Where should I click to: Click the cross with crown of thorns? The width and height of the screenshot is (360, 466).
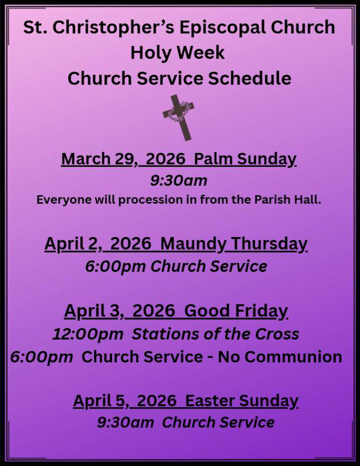(x=178, y=118)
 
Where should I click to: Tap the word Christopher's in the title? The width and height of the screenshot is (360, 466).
(x=113, y=28)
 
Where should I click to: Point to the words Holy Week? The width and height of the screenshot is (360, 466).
(x=177, y=53)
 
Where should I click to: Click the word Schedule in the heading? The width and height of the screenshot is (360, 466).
(x=249, y=79)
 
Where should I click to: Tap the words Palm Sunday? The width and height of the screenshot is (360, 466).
(x=245, y=159)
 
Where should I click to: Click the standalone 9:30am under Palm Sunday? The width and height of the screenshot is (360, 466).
(x=178, y=181)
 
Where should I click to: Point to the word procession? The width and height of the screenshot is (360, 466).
(x=151, y=200)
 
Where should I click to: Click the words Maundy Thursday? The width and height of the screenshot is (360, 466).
(x=233, y=244)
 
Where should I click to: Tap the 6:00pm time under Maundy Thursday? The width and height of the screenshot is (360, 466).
(x=115, y=266)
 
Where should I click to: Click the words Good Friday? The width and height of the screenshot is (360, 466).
(x=236, y=311)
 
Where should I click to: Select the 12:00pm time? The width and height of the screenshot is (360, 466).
(x=88, y=334)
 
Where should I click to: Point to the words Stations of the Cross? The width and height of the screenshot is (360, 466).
(x=216, y=334)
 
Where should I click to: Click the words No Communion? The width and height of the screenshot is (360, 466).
(x=280, y=356)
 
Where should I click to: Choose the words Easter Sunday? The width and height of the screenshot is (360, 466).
(x=241, y=401)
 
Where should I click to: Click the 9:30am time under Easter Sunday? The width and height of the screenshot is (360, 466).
(x=126, y=422)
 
